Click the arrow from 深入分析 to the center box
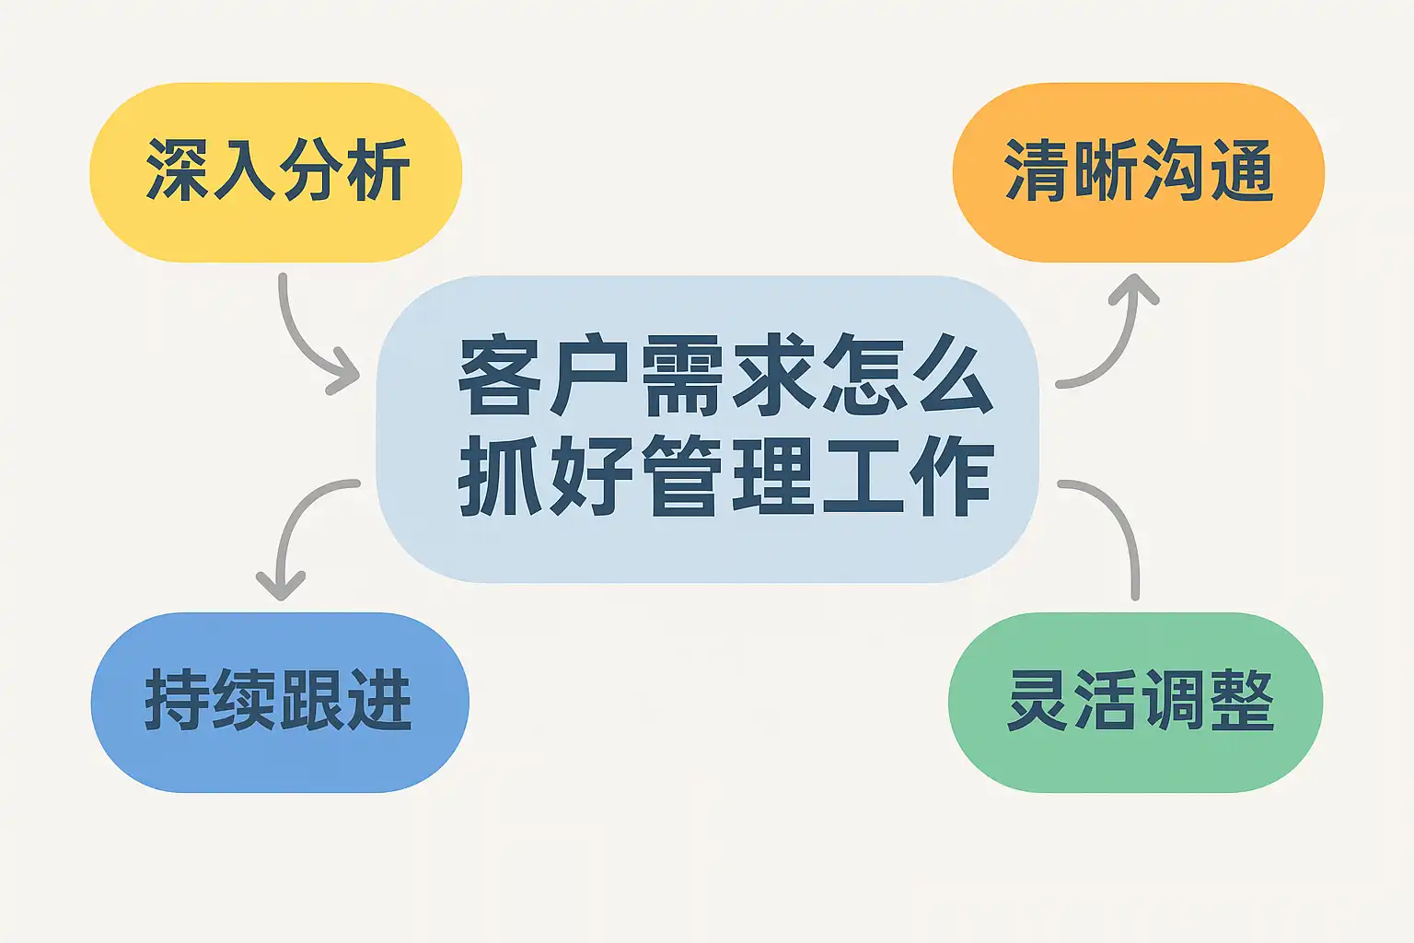(x=304, y=341)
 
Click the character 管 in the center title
(x=682, y=477)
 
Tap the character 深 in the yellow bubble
(x=179, y=170)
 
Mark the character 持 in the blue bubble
(x=179, y=701)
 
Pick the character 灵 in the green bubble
(x=1039, y=701)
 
